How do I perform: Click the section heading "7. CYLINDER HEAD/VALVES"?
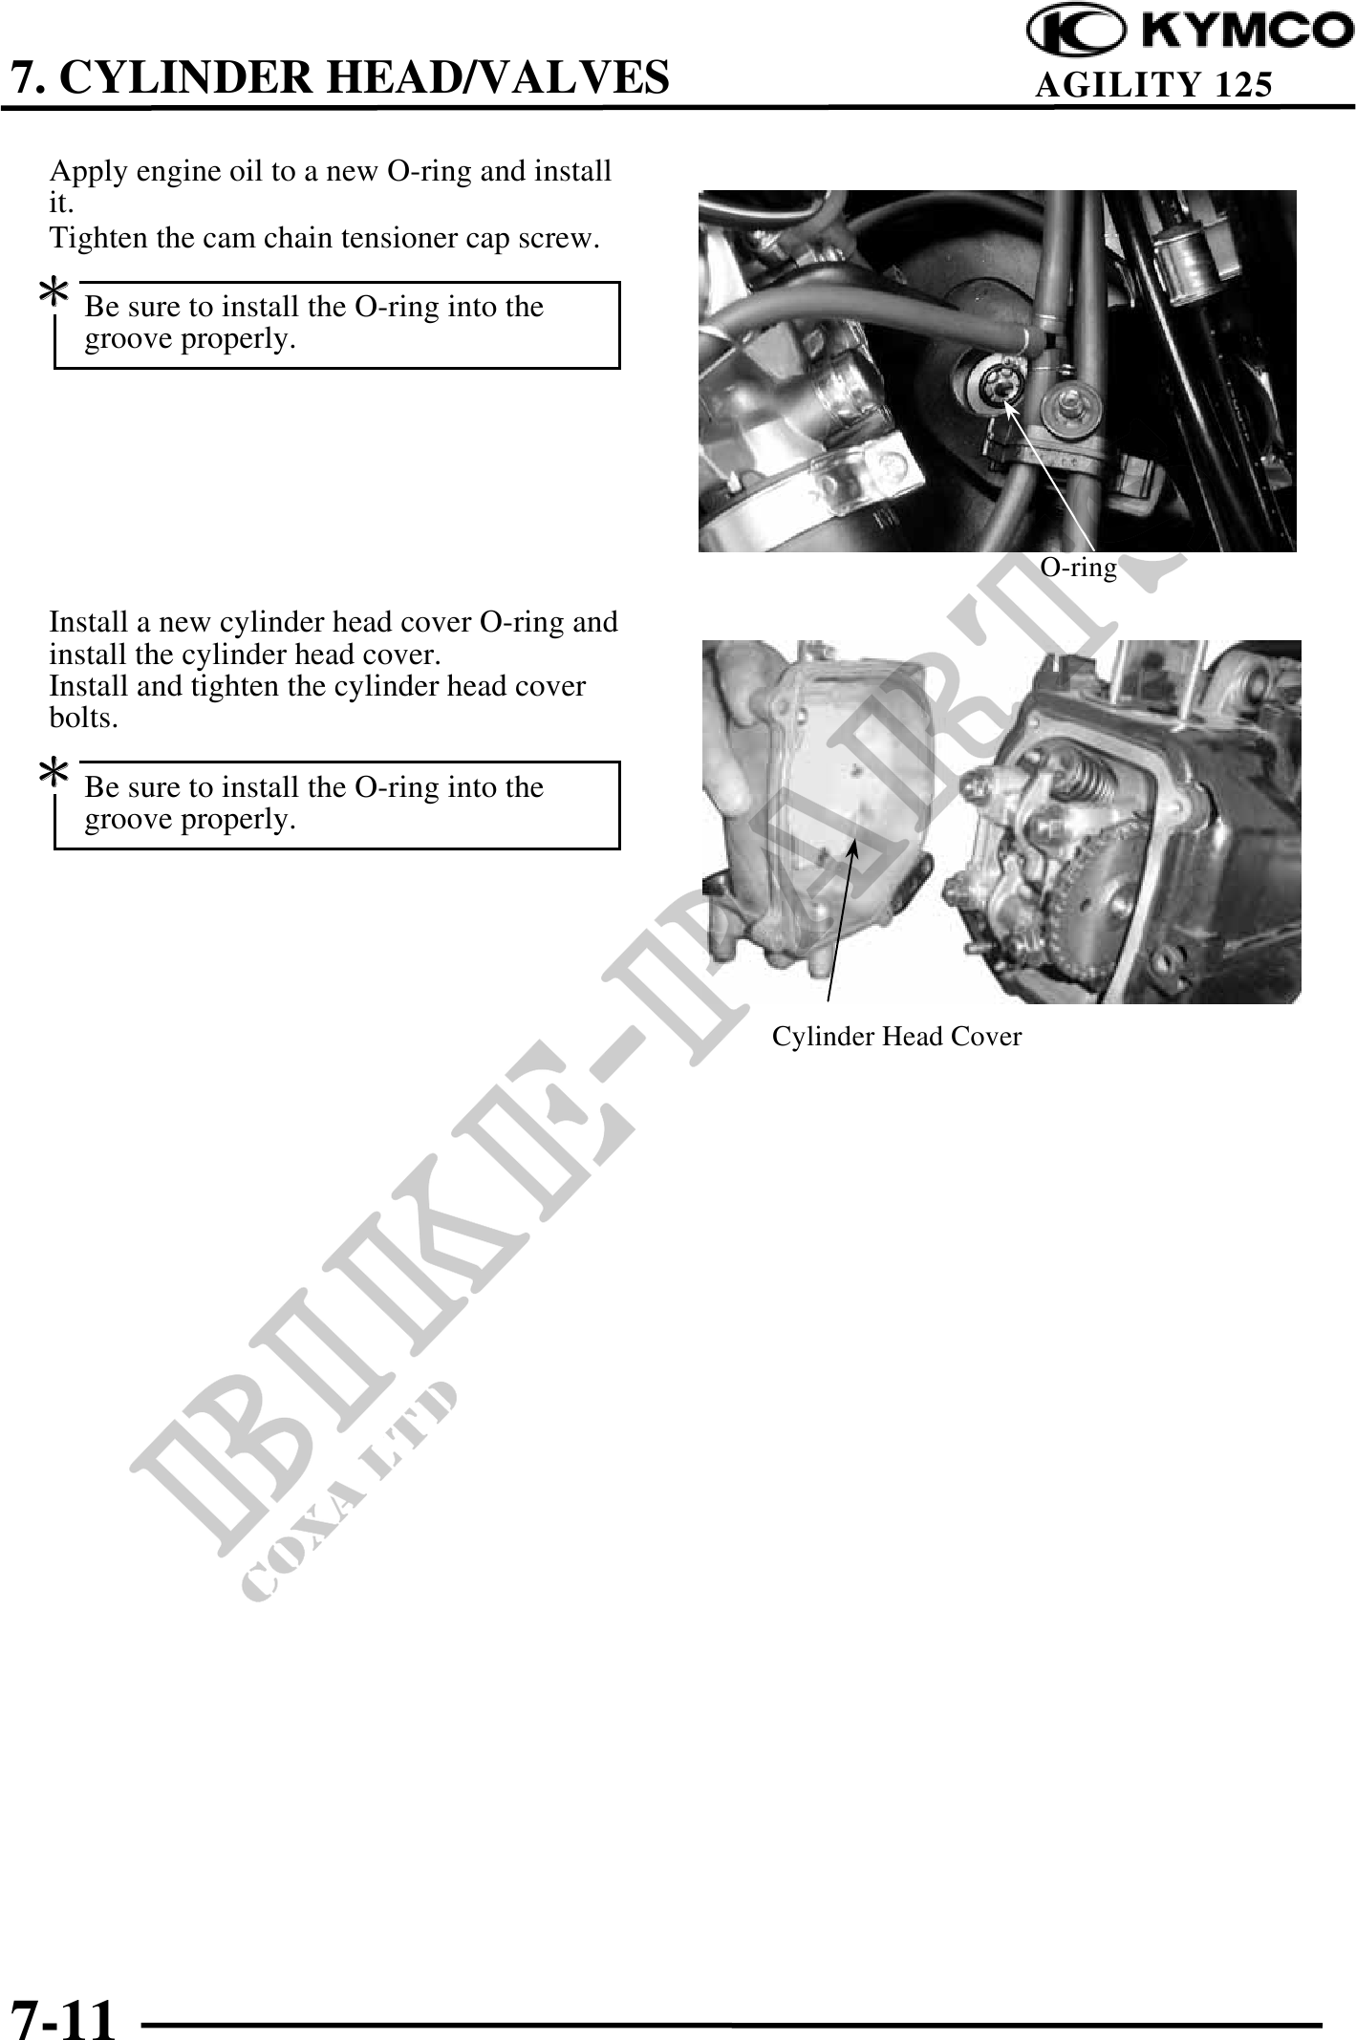click(339, 77)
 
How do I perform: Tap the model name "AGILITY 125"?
click(1154, 85)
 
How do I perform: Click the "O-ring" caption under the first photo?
click(1078, 568)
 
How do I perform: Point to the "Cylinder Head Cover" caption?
click(896, 1037)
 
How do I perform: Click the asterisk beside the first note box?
click(54, 293)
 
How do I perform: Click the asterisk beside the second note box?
click(54, 773)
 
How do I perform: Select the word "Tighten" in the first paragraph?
click(99, 238)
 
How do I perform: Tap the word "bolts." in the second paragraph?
click(84, 719)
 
